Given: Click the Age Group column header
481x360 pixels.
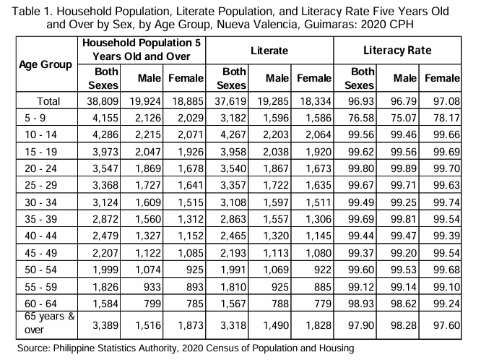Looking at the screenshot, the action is (45, 64).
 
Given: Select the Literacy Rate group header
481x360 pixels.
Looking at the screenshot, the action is (397, 51).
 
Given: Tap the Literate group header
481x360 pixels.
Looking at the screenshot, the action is (269, 51).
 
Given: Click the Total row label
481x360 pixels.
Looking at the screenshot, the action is (48, 101).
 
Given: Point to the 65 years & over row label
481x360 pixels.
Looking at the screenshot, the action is (49, 323).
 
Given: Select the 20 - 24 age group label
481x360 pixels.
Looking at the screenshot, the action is (40, 168).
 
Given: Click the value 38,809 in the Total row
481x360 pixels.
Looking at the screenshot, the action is (103, 101).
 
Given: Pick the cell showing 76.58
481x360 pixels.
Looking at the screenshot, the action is (361, 118).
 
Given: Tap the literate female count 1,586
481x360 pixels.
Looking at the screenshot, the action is (318, 118).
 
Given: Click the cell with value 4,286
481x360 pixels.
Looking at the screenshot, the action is (105, 134).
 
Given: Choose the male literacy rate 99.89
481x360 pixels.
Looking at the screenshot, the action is (404, 168).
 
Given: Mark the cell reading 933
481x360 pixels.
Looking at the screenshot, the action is (152, 287).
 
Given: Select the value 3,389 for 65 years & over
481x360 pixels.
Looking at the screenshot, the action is (105, 325).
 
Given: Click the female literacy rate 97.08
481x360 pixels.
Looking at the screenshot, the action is (446, 101).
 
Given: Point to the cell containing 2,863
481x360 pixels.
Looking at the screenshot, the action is (233, 219).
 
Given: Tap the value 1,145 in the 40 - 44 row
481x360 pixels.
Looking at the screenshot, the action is (318, 236).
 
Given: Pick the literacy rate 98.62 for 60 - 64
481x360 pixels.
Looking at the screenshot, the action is (404, 304).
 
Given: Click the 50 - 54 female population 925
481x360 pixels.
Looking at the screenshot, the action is (194, 270).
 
